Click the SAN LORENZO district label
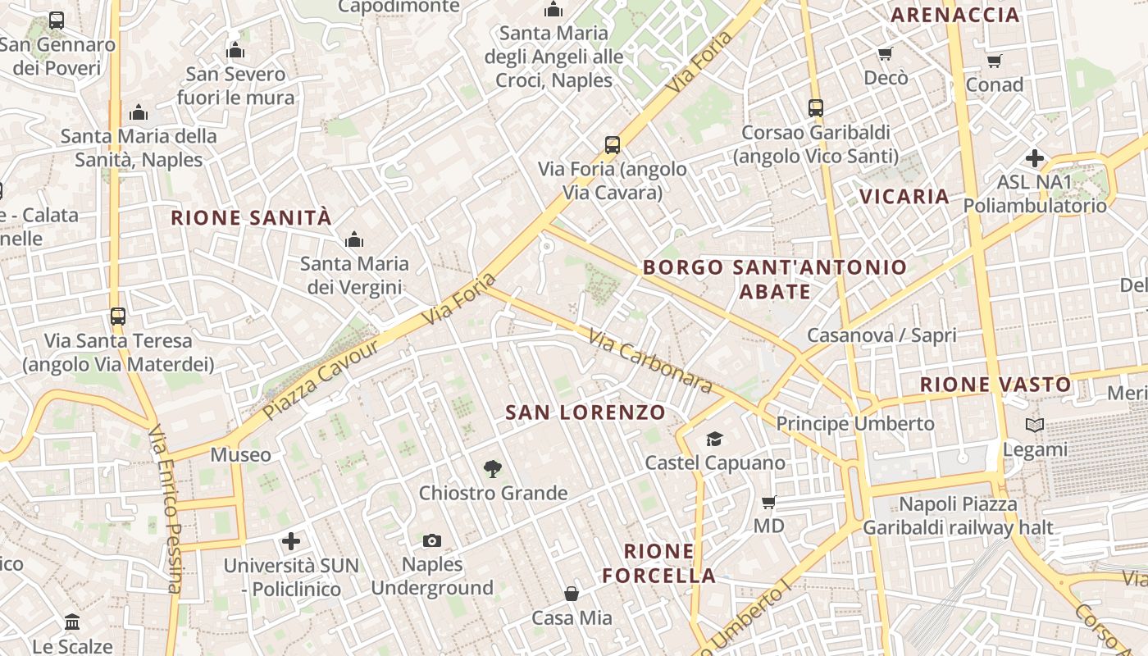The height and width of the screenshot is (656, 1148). (585, 412)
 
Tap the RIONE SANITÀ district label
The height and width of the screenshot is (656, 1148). (251, 218)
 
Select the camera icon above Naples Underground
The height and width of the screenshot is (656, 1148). (432, 540)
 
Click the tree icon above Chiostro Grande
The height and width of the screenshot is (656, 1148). (492, 469)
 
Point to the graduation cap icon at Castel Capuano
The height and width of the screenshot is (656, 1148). (715, 439)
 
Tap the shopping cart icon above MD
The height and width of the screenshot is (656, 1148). (768, 502)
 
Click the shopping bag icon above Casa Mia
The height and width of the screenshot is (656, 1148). (572, 593)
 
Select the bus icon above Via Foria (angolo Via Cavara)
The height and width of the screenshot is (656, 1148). (612, 145)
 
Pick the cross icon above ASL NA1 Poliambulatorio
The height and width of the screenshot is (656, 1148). (1035, 157)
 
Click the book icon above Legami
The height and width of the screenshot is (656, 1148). (1035, 426)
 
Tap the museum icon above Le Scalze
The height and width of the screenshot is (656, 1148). (72, 622)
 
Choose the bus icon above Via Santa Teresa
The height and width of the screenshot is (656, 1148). (118, 316)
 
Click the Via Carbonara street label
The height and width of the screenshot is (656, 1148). (649, 360)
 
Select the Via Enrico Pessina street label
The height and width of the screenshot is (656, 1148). (165, 508)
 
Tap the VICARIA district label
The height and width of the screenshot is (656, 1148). (904, 197)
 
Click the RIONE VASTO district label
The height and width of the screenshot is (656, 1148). (995, 385)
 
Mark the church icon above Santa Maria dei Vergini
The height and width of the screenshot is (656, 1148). (354, 239)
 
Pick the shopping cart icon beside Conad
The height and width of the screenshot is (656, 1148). (994, 61)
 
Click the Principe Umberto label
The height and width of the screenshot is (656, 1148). (855, 424)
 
